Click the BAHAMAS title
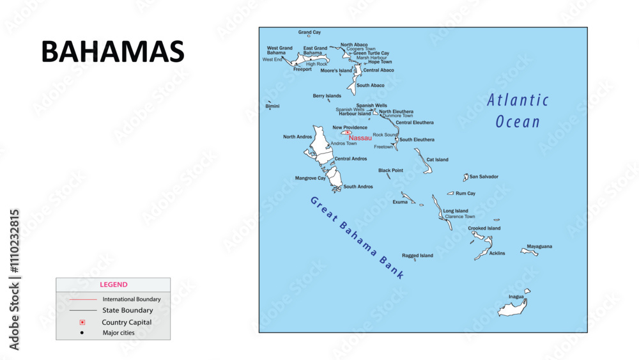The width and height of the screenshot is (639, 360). click(112, 52)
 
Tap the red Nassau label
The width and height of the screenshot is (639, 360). click(360, 137)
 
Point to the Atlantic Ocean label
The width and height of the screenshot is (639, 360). click(518, 111)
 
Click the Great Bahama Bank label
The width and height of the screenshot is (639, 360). click(357, 237)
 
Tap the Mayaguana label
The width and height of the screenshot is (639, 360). click(539, 246)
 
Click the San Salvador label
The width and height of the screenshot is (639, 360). click(484, 176)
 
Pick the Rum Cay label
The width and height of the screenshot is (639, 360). click(465, 193)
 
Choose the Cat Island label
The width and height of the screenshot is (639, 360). click(437, 160)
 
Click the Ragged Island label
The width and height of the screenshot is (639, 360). click(417, 255)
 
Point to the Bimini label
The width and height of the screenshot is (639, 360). click(272, 106)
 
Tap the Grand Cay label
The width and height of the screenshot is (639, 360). click(310, 32)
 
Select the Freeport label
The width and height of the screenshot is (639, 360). click(302, 69)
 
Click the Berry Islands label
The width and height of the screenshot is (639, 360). click(327, 96)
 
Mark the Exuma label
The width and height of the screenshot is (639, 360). click(400, 202)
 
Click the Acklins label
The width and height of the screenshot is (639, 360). click(497, 253)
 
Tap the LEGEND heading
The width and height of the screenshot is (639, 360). click(113, 285)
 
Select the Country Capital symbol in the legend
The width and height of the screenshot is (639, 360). click(82, 322)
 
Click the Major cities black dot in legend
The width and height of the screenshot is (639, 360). click(82, 333)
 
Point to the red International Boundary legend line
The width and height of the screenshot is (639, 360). click(82, 299)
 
